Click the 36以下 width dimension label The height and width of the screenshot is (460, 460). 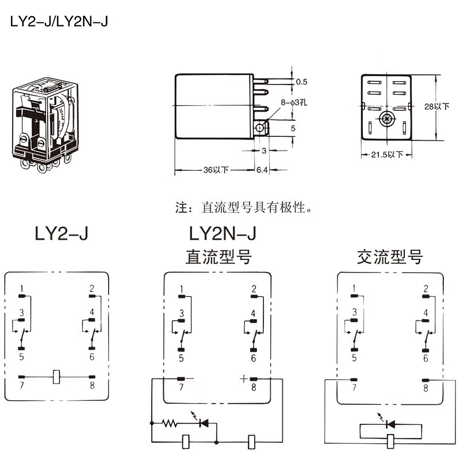tap(216, 170)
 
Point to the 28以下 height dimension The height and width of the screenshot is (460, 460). tap(442, 107)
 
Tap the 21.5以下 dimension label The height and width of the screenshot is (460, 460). tap(386, 155)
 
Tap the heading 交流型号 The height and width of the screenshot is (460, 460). tap(389, 256)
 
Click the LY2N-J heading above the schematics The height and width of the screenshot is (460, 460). tap(221, 234)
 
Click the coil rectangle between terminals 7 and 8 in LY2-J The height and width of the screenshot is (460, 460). tap(56, 376)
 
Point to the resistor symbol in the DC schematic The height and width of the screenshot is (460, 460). tap(170, 424)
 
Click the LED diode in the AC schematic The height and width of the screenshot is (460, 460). tap(390, 424)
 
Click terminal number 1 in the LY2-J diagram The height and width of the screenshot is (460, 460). tap(21, 288)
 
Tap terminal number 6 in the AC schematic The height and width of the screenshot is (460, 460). tap(425, 358)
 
